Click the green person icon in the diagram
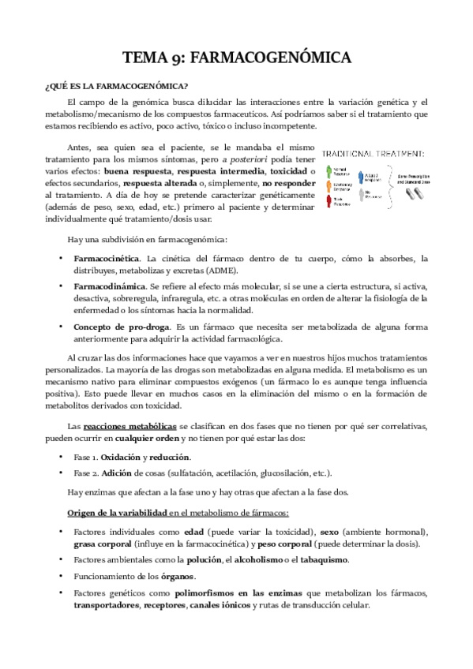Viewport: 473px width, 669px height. pyautogui.click(x=328, y=170)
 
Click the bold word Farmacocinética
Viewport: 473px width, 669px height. pyautogui.click(x=106, y=258)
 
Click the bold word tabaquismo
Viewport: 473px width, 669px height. pyautogui.click(x=318, y=559)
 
